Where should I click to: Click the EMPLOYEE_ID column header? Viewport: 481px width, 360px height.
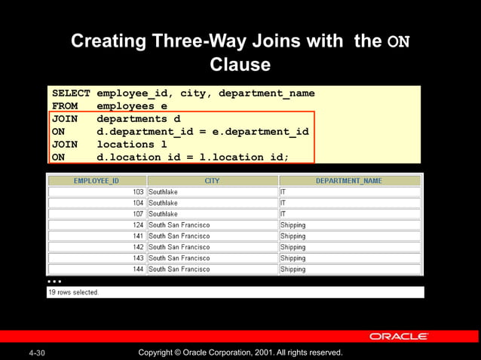[97, 181]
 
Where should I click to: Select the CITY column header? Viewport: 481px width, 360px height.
[212, 181]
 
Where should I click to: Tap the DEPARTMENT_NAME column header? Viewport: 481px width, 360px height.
[349, 181]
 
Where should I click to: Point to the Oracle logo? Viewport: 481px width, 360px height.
[399, 337]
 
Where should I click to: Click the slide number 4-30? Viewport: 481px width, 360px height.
[36, 352]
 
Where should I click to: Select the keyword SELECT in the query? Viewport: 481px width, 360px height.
[70, 93]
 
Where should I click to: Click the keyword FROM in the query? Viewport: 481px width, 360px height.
[65, 106]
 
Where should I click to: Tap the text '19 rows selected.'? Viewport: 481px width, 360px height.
[73, 292]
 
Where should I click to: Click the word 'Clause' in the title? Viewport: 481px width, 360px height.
[240, 65]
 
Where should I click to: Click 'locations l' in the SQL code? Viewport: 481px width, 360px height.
[131, 145]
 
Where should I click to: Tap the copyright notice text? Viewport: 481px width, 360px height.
[240, 352]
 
